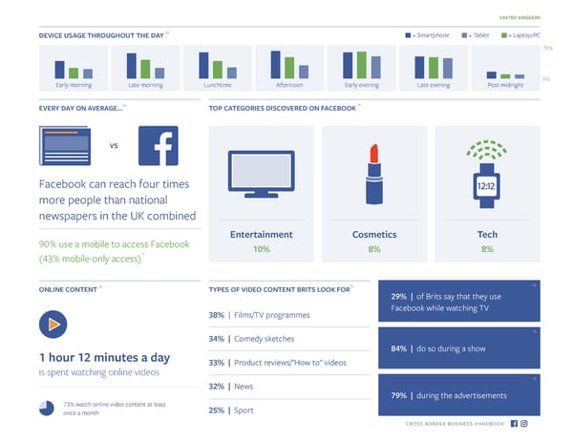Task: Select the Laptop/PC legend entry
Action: pos(520,35)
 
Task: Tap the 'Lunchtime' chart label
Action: pos(217,85)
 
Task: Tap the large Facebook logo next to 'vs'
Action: pos(159,146)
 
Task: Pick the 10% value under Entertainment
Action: pos(261,248)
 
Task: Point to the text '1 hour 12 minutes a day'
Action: pos(105,359)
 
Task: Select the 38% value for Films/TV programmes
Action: pos(217,315)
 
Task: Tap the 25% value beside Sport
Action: pos(217,410)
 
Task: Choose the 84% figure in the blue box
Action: pos(399,347)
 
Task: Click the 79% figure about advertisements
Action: pos(399,395)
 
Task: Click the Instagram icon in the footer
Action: pos(524,423)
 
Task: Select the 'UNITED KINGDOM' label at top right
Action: pos(520,16)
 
